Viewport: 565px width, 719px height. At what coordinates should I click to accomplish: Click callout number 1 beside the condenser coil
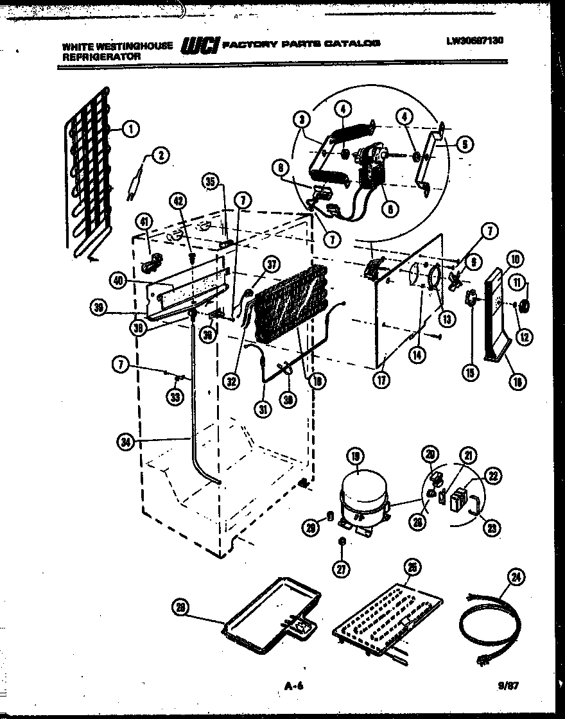tap(130, 130)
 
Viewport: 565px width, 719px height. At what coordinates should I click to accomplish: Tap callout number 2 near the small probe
tap(160, 154)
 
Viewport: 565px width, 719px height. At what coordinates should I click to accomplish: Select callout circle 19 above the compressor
tap(354, 456)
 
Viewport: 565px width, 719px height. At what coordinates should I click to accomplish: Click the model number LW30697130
tap(474, 40)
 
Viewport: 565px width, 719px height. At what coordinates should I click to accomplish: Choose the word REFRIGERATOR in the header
tap(101, 56)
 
